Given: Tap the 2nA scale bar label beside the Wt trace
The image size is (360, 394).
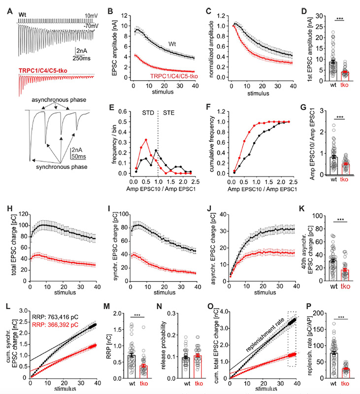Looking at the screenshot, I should pos(82,51).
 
